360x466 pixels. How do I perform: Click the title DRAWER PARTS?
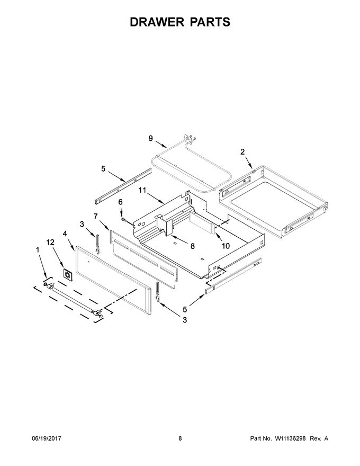pyautogui.click(x=180, y=22)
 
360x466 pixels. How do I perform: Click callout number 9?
pyautogui.click(x=150, y=138)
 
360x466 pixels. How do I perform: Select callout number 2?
pyautogui.click(x=242, y=151)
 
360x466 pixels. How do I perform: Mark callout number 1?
pyautogui.click(x=38, y=249)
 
